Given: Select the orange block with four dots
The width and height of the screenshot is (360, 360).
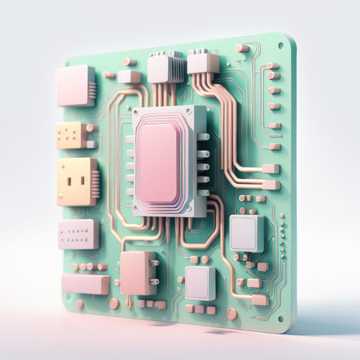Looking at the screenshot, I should (x=73, y=134).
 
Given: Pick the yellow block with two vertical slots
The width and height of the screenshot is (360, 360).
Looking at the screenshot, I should (x=75, y=182).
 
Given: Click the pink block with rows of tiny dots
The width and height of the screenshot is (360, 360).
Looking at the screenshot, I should (x=78, y=234).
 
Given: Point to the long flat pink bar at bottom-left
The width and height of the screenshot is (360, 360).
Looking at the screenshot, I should (x=85, y=283).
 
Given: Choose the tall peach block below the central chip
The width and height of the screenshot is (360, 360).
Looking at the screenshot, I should (x=136, y=273).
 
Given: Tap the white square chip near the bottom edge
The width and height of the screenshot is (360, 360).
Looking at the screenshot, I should (x=199, y=282).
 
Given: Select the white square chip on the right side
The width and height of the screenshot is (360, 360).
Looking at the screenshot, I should (x=245, y=232).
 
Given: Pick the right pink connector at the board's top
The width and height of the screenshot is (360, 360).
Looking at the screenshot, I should (x=202, y=62).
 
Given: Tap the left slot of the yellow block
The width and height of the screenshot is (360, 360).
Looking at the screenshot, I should (x=68, y=180).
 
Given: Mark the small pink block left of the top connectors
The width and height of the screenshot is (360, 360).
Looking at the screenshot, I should (x=129, y=77).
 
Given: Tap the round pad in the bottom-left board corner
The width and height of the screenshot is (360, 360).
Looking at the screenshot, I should (x=80, y=304).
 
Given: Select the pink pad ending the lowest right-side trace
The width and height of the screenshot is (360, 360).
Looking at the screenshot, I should (x=259, y=300).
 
